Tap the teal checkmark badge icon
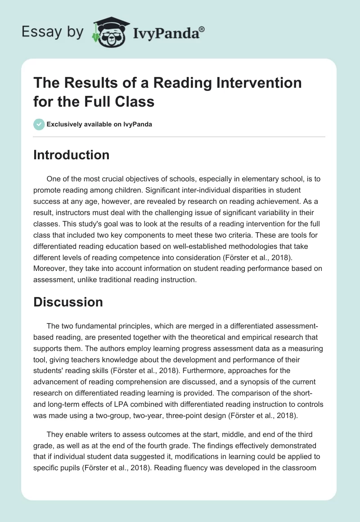click(x=39, y=124)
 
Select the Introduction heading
click(x=71, y=155)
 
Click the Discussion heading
click(x=68, y=302)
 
